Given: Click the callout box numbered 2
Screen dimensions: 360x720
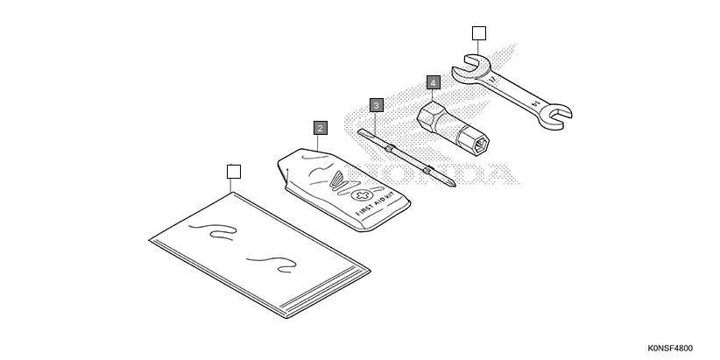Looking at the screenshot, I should (320, 128).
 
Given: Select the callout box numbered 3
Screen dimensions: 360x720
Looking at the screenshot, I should (376, 105).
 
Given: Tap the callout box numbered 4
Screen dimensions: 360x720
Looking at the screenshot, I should (433, 82).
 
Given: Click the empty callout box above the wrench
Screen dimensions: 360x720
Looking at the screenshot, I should (477, 34).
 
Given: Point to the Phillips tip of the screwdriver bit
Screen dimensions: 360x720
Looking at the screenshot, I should (448, 181).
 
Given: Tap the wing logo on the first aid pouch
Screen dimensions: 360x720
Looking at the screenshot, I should (336, 181).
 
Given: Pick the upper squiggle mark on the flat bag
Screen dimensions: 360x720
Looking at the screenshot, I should (215, 231).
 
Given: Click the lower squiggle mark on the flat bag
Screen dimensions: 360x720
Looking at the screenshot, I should (267, 261).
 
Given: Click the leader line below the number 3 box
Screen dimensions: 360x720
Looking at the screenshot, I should (376, 121).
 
